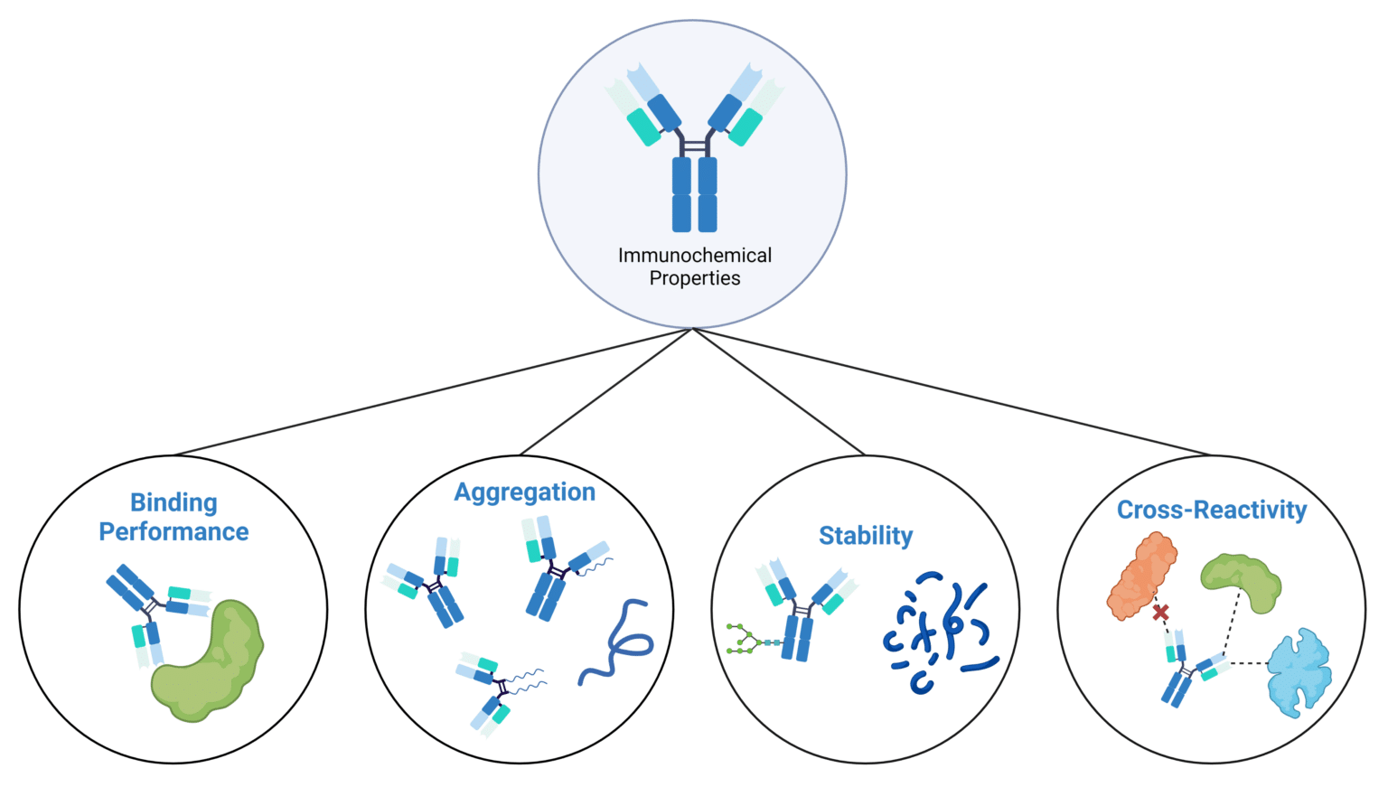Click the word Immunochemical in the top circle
tap(694, 256)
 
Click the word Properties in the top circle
tap(694, 278)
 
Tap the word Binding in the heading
tap(173, 502)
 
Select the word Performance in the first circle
tap(173, 531)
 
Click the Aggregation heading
tap(524, 492)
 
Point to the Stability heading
tap(865, 536)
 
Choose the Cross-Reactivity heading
tap(1211, 511)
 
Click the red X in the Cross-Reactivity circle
tap(1160, 614)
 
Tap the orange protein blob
tap(1141, 575)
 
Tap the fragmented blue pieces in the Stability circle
tap(937, 632)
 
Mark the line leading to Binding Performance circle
tap(434, 391)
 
